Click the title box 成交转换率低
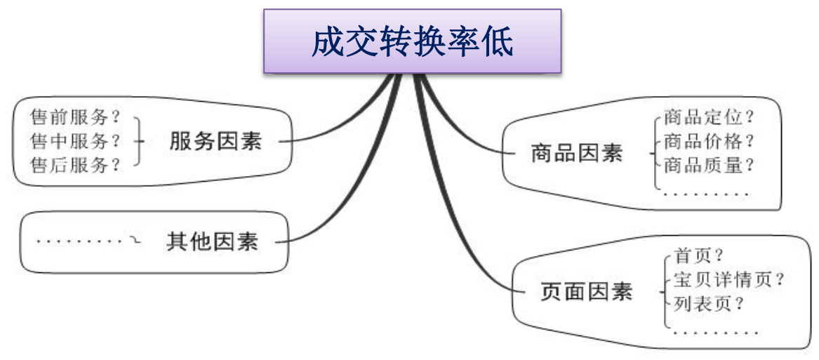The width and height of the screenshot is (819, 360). (413, 41)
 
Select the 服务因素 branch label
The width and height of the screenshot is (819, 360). (215, 141)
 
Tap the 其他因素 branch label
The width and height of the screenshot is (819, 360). (212, 242)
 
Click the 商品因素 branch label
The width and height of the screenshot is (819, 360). (576, 154)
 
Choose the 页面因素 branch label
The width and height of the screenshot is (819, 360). (587, 291)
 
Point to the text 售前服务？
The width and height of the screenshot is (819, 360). (76, 116)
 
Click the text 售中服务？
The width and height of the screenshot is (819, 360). (76, 141)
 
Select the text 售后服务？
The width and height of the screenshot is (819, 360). (76, 166)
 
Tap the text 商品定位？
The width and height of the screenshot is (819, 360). (709, 116)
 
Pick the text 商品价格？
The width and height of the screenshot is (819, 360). (709, 141)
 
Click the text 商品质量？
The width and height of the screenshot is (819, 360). (709, 166)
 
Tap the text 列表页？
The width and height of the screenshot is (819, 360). (709, 305)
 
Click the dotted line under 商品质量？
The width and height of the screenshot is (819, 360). (706, 193)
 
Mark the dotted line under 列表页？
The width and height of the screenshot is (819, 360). (716, 332)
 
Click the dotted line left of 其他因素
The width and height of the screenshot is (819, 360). (79, 242)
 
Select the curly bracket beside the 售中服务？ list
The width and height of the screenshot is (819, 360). (139, 141)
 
